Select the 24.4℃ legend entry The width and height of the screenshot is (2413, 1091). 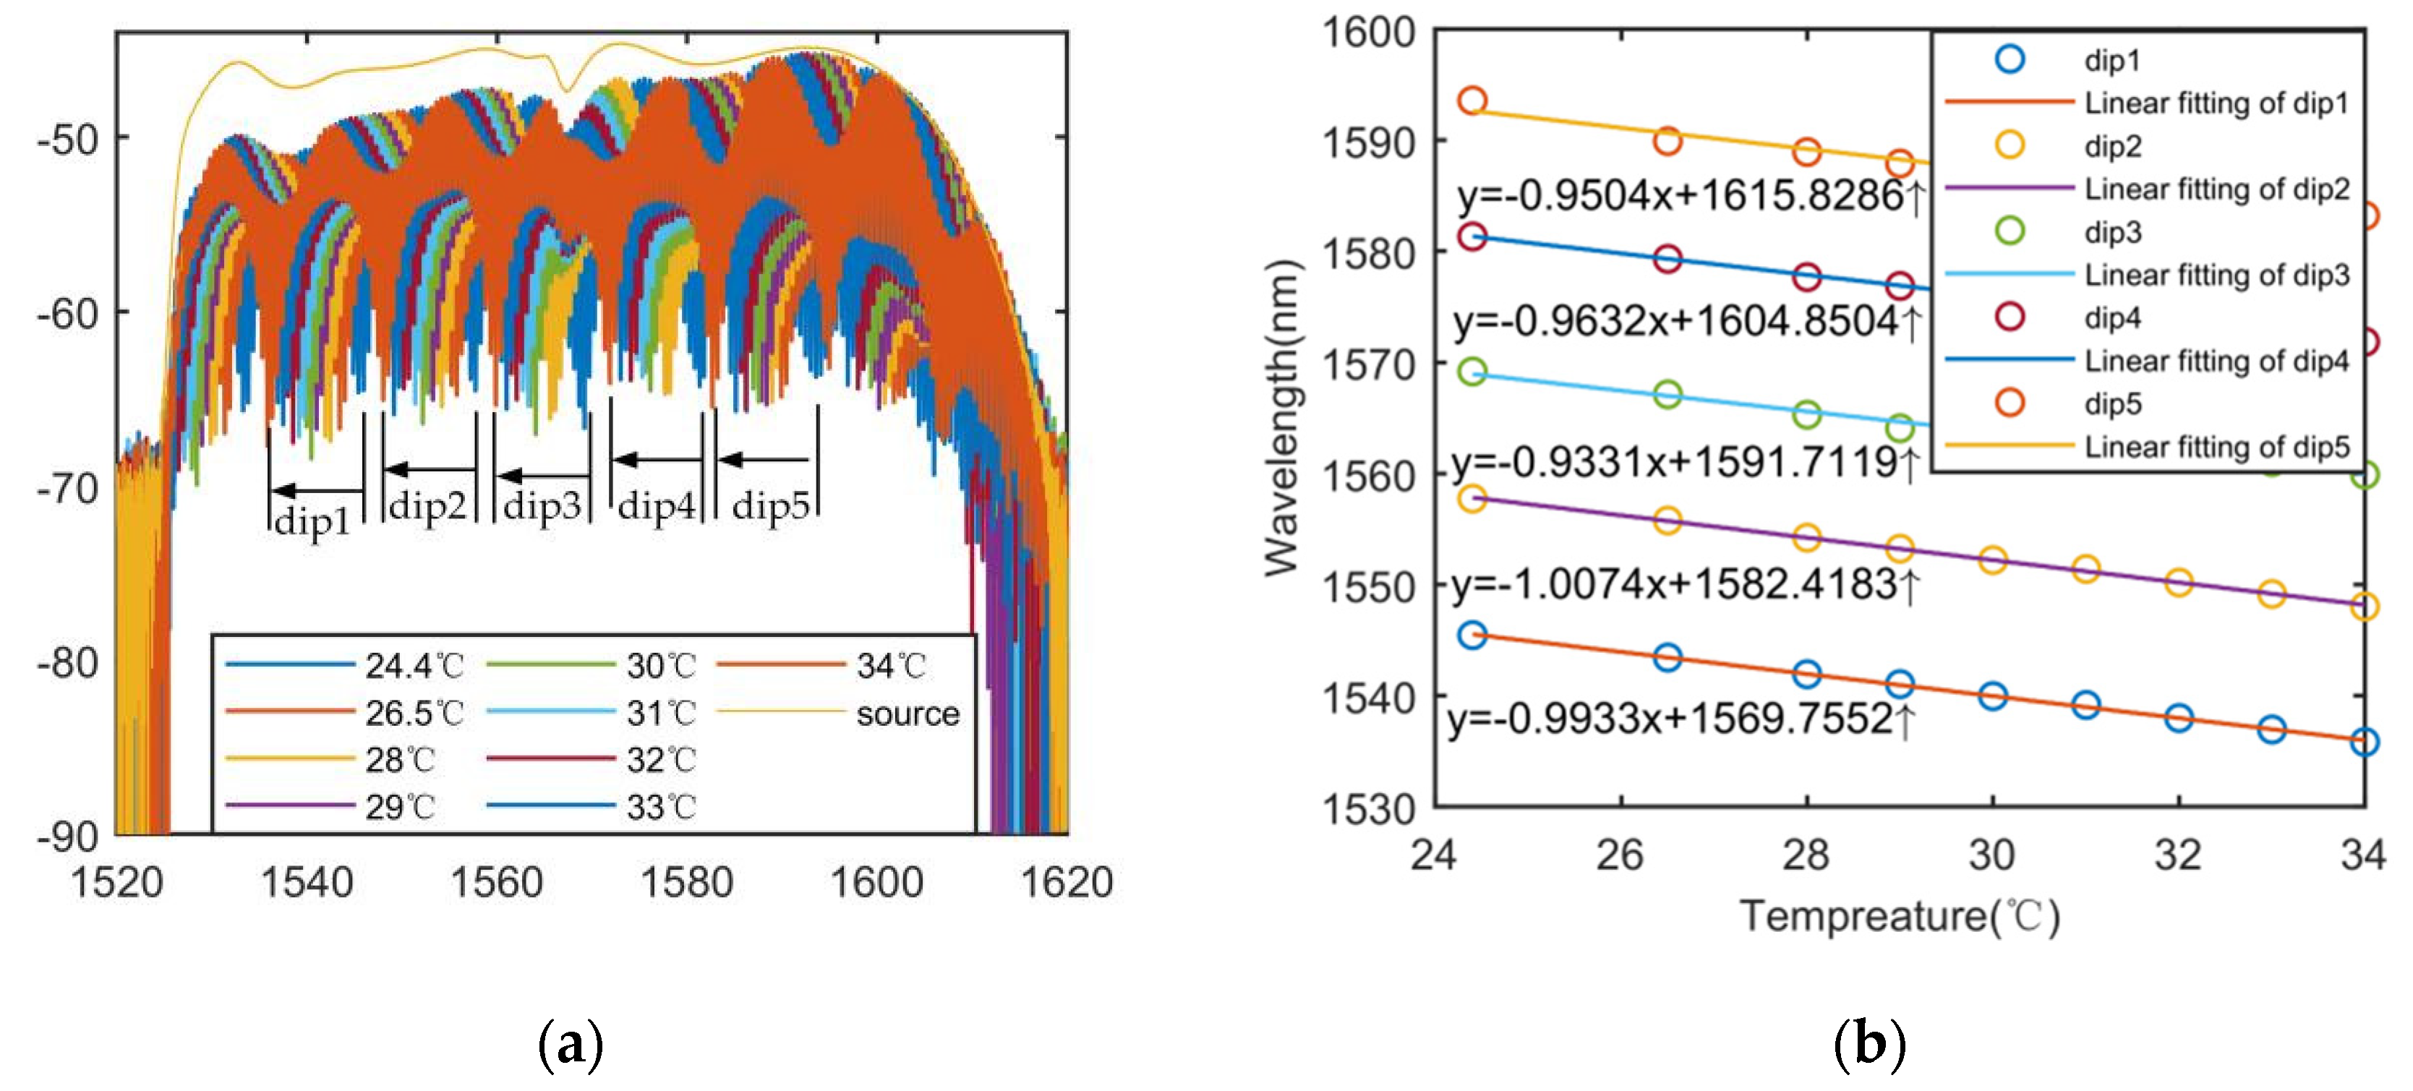click(x=413, y=666)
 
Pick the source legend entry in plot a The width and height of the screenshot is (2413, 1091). click(x=907, y=714)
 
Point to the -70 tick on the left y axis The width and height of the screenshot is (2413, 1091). click(x=67, y=488)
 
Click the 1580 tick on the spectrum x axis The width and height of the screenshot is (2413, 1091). click(x=687, y=882)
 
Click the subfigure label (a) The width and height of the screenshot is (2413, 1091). click(x=571, y=1043)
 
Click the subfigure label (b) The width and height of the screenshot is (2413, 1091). click(x=1869, y=1043)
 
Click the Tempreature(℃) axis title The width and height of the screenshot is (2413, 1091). click(x=1900, y=916)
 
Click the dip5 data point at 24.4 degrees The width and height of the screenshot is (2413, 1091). click(x=1472, y=100)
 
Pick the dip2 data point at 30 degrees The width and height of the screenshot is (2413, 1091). click(x=1992, y=560)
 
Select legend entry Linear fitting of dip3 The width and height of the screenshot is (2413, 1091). click(x=2216, y=275)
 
